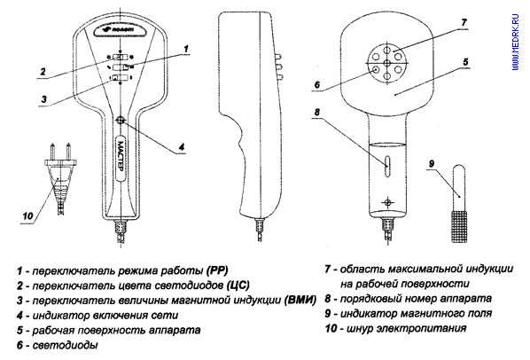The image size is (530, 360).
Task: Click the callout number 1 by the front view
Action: pos(185,49)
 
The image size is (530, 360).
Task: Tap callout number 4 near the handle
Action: pos(182,147)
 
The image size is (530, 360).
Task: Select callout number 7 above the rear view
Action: pos(464,23)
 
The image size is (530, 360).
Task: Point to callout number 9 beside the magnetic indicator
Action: pos(432,164)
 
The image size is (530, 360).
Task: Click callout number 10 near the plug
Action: pos(27,216)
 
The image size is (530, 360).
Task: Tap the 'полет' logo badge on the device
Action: pos(120,29)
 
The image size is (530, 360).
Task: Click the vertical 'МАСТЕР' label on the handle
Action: pos(121,158)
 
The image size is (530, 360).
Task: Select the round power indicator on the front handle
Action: pos(121,120)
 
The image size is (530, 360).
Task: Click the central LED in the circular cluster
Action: pos(387,63)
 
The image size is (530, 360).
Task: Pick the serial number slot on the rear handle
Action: pos(387,166)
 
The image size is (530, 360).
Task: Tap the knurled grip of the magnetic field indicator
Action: pos(459,226)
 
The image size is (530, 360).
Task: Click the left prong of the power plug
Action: pos(52,151)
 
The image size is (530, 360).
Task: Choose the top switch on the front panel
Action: pos(121,57)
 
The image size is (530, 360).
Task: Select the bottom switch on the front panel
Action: pos(120,78)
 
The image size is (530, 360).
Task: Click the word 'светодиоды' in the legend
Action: pos(66,345)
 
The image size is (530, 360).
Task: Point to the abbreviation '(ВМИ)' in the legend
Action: pos(300,300)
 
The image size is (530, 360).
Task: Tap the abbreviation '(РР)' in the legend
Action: pos(216,270)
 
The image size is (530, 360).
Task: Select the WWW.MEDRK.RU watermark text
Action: pos(515,42)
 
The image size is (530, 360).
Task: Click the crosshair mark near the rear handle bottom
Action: pos(387,202)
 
